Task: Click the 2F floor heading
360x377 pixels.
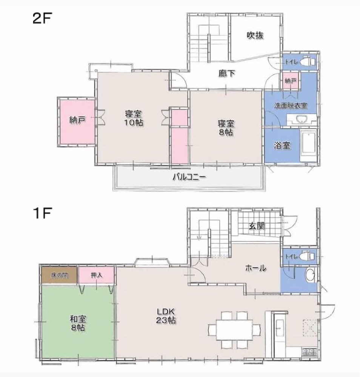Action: [x=42, y=18]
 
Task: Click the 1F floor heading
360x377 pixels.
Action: [x=43, y=213]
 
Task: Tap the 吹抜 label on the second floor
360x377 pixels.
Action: [x=255, y=35]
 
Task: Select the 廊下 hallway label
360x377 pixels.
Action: [x=227, y=74]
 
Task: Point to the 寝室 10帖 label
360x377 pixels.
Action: [x=134, y=118]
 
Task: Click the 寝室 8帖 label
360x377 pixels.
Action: [x=226, y=128]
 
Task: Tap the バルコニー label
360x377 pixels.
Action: [x=190, y=178]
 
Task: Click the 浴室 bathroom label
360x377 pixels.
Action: [x=282, y=146]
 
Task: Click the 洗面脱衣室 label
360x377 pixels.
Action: [x=291, y=106]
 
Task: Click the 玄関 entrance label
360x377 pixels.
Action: [x=257, y=226]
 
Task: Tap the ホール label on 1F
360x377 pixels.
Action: [x=255, y=268]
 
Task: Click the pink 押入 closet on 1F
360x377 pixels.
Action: [x=96, y=275]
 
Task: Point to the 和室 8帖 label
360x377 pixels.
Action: [x=78, y=323]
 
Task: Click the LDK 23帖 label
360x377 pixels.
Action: [x=166, y=316]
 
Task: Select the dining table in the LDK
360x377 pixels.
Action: [x=234, y=329]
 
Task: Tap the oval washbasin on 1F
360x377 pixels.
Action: [x=310, y=275]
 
